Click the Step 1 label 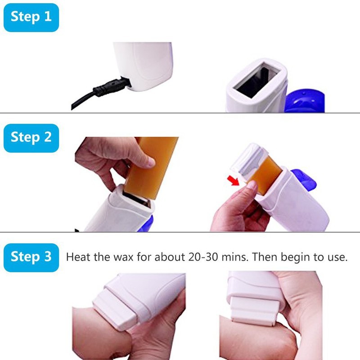[x=31, y=17]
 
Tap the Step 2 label [x=31, y=137]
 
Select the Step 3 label [x=31, y=257]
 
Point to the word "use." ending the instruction [x=337, y=258]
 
